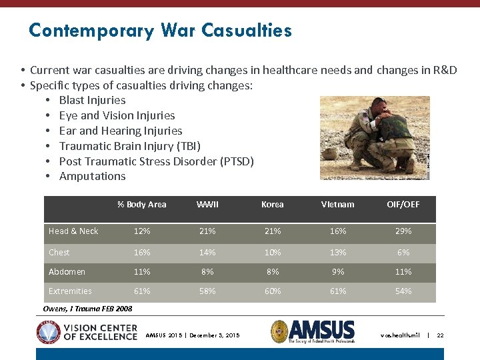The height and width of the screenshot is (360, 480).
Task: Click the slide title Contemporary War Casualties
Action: [160, 31]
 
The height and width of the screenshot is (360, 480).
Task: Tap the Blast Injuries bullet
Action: [92, 100]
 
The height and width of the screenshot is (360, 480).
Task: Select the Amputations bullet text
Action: [92, 176]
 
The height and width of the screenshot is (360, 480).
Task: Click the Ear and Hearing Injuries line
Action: [120, 131]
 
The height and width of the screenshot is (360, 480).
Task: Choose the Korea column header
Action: [273, 205]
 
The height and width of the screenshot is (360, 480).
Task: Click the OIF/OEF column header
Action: [403, 205]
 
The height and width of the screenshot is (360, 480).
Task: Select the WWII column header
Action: [207, 205]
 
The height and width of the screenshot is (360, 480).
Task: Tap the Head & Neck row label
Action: [73, 231]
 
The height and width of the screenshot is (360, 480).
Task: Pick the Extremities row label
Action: [70, 291]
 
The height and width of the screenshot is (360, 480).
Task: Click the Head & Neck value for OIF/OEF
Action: [403, 231]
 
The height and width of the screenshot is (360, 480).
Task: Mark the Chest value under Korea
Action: [273, 253]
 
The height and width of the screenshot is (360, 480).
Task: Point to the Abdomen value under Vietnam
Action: [338, 272]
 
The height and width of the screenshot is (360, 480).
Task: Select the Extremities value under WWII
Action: [207, 291]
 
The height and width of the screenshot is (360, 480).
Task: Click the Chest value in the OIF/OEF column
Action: [403, 253]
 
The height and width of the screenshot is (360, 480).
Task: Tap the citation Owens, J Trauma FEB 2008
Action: [87, 309]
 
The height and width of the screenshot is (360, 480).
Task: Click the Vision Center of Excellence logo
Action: [87, 331]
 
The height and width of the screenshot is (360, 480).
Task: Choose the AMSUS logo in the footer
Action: [313, 331]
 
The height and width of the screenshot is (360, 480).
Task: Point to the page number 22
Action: [440, 335]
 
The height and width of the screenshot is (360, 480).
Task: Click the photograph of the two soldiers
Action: [375, 137]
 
